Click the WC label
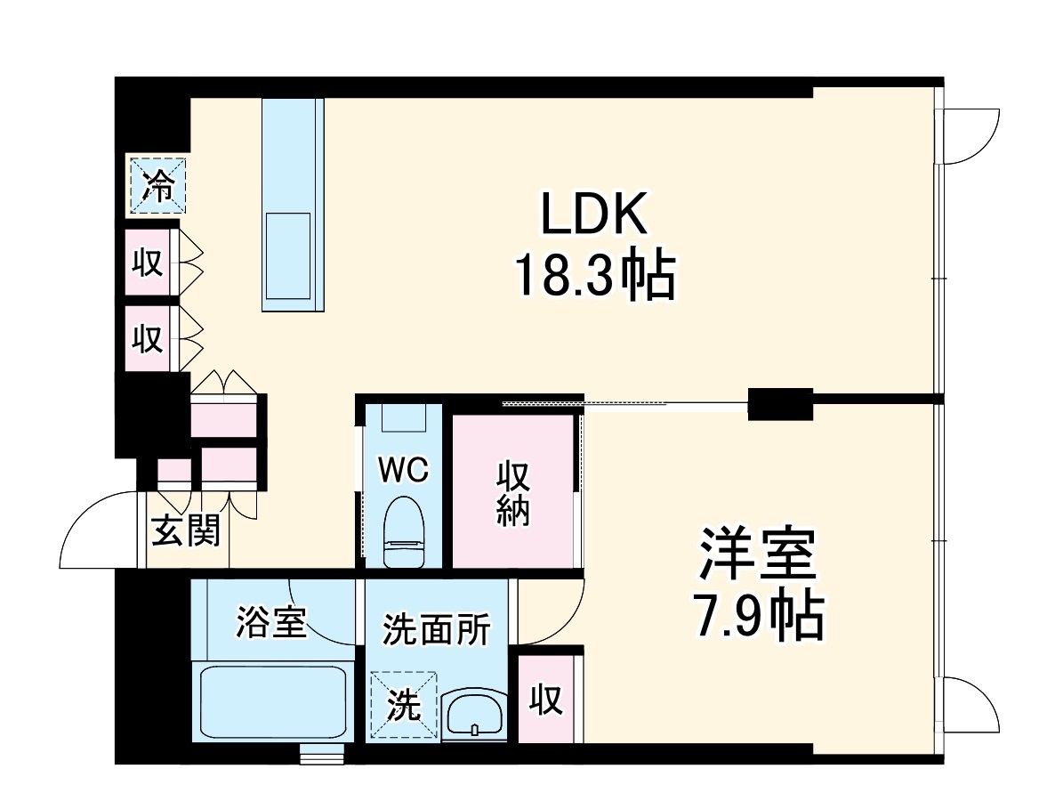coord(404,470)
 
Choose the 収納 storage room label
coord(513,494)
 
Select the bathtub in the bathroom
coord(272,703)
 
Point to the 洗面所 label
coord(436,629)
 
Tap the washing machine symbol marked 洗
coord(404,705)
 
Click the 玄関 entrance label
coord(185,532)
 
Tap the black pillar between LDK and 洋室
coord(780,404)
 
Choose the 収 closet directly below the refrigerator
coord(149,263)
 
